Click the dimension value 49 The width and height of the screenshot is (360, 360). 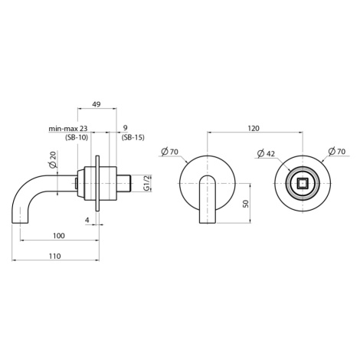[x=97, y=104]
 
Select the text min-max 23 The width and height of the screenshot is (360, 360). [x=68, y=128]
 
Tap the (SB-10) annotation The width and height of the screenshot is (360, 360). [x=77, y=138]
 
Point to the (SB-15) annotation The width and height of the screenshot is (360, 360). [x=133, y=138]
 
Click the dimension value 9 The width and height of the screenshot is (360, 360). [x=125, y=128]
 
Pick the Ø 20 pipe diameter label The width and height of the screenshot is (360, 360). [x=53, y=159]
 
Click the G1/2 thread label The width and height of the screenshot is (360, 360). [x=146, y=183]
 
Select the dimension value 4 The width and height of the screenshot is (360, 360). [x=87, y=220]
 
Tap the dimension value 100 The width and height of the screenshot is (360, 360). [x=59, y=236]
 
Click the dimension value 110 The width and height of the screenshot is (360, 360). [x=55, y=256]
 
